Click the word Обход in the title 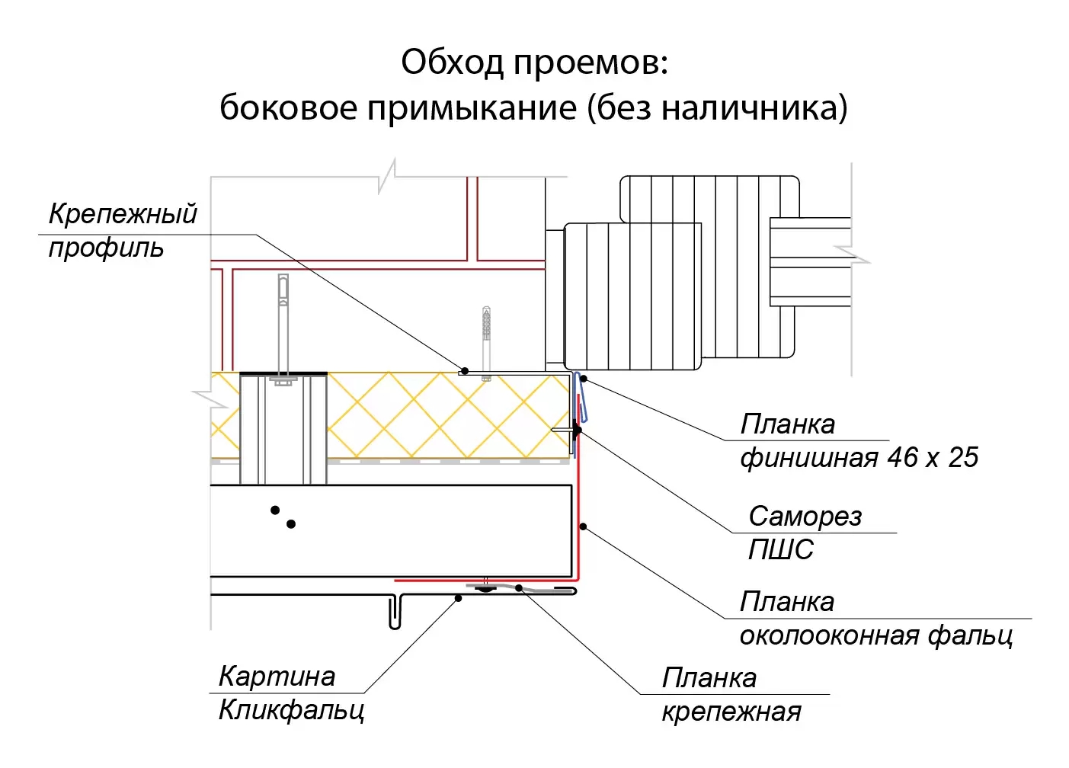click(x=452, y=62)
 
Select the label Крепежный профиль click(x=122, y=230)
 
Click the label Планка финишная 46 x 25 click(x=858, y=441)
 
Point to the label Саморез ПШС click(x=804, y=533)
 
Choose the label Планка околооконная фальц click(x=875, y=619)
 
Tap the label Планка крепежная click(x=731, y=695)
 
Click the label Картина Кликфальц click(x=290, y=693)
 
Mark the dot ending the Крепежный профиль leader click(x=463, y=370)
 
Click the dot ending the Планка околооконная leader click(x=583, y=526)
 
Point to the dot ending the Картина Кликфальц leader click(x=458, y=599)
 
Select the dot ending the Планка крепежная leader click(x=519, y=587)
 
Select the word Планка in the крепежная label click(x=709, y=678)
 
